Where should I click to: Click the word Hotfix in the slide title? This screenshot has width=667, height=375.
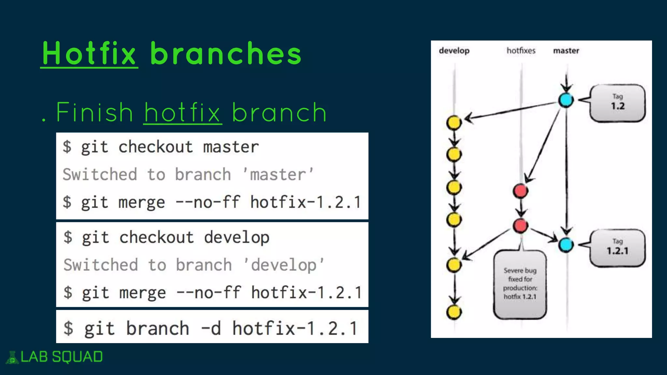[x=89, y=54]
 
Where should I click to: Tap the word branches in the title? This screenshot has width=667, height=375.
[x=226, y=54]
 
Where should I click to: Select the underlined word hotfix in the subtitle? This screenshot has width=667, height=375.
[x=182, y=113]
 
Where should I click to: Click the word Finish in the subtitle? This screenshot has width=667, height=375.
[x=94, y=113]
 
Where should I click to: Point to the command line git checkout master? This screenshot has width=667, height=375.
[x=161, y=147]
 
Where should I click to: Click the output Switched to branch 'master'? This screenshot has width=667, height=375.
[x=188, y=174]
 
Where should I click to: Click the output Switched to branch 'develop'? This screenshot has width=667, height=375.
[x=194, y=265]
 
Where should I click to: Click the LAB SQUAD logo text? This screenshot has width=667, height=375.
[x=62, y=357]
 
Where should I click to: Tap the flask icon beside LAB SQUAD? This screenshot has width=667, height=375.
[x=12, y=357]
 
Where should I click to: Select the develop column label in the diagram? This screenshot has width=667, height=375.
[x=454, y=51]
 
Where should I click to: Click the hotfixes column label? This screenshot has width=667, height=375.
[x=521, y=51]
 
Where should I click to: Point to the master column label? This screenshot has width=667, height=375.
[x=566, y=51]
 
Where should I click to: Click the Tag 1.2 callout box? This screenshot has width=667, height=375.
[x=617, y=103]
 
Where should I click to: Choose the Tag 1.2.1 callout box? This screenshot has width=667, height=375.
[x=617, y=248]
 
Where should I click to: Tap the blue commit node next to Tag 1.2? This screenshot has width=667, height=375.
[x=566, y=100]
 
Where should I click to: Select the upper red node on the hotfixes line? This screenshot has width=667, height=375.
[x=520, y=191]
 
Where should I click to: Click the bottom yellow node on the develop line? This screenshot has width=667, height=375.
[x=454, y=312]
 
